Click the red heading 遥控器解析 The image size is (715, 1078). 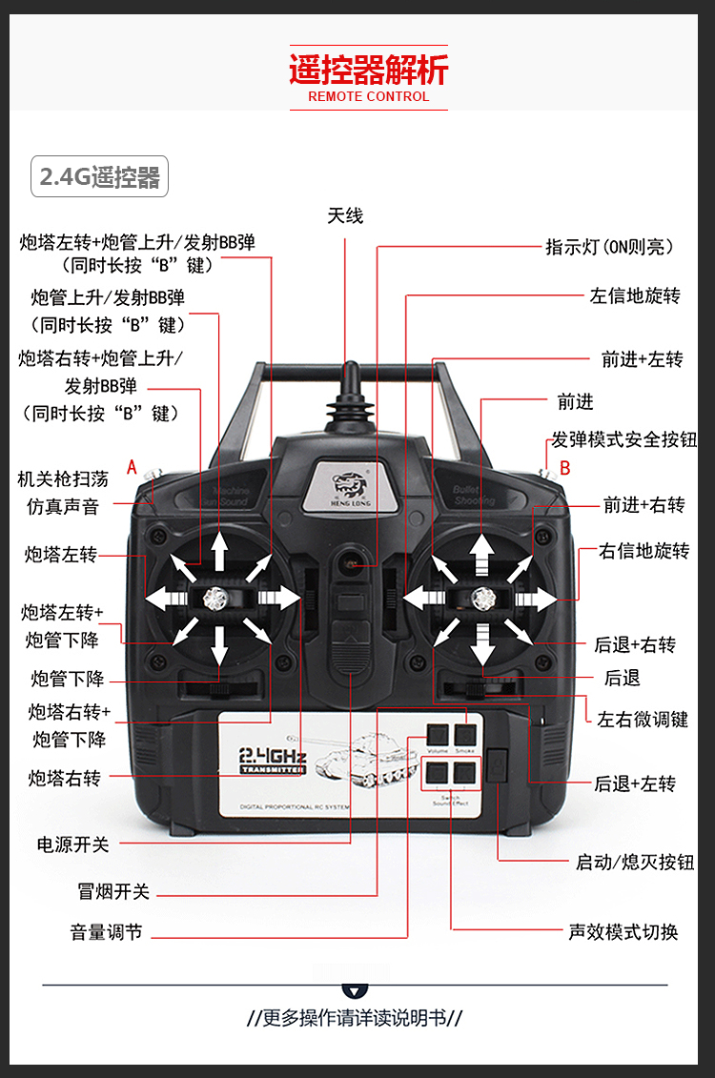click(x=368, y=71)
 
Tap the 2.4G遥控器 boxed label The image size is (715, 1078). click(x=99, y=177)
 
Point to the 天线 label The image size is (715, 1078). click(x=345, y=216)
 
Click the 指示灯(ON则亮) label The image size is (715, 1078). click(x=610, y=247)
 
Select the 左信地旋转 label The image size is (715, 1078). click(x=635, y=295)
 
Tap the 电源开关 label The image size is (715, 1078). click(x=73, y=844)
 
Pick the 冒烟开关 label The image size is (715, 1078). click(x=113, y=892)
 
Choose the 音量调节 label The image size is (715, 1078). click(x=106, y=932)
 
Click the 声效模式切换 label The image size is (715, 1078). click(x=623, y=932)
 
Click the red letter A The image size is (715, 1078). click(x=133, y=467)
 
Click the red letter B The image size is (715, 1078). click(x=564, y=468)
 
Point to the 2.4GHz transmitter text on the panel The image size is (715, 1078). click(x=273, y=760)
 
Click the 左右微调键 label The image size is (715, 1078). click(x=643, y=720)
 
